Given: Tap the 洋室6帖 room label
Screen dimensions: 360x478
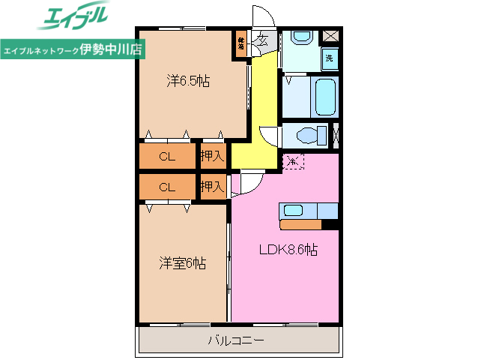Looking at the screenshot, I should (x=182, y=263).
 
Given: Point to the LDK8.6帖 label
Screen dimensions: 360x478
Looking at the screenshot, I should (x=288, y=250).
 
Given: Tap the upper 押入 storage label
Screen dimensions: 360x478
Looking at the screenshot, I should (x=212, y=156).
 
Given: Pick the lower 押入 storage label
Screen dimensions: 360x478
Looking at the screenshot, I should (x=212, y=186).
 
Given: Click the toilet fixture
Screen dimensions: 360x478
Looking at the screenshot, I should (x=308, y=135).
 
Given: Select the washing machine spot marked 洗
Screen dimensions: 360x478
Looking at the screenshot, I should (x=329, y=58).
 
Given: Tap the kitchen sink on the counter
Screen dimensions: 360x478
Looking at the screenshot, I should (x=292, y=210).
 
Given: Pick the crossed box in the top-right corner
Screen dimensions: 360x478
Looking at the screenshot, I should (x=330, y=37).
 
